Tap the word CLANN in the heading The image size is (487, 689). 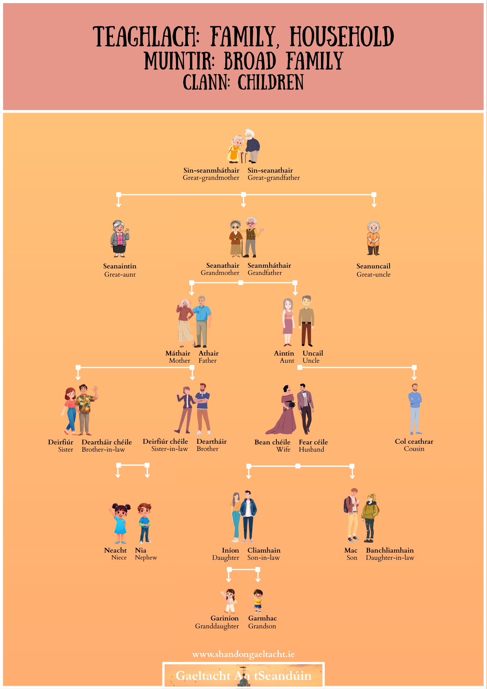(x=206, y=83)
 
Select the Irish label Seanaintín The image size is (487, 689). (x=120, y=266)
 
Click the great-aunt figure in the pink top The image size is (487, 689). (x=120, y=238)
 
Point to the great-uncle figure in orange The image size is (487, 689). (x=373, y=238)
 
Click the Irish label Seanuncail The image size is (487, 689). (x=373, y=266)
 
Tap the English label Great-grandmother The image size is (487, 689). (x=211, y=178)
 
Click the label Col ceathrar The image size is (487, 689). (x=414, y=441)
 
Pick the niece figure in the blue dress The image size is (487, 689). (x=120, y=523)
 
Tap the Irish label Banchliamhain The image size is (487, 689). (x=390, y=550)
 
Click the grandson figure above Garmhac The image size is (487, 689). (x=258, y=601)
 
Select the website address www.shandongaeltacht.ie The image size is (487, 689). (x=243, y=654)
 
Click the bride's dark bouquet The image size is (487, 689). (x=292, y=404)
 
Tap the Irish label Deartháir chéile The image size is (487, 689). (x=107, y=442)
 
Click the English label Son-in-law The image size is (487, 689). (x=263, y=558)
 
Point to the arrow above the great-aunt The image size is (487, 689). (x=118, y=202)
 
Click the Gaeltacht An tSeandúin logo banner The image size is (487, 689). (x=243, y=675)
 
